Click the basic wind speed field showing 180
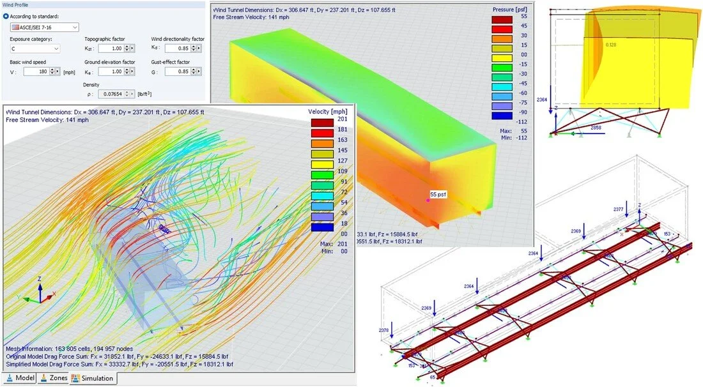(x=42, y=72)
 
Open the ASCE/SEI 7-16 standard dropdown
(x=45, y=27)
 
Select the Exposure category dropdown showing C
(x=35, y=49)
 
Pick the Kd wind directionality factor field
(x=178, y=49)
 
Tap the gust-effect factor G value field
(x=178, y=72)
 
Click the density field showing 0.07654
(x=112, y=95)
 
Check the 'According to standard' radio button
(x=6, y=15)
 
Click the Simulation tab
(x=92, y=378)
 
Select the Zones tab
(x=54, y=378)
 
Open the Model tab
(x=20, y=378)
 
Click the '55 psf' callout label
(x=438, y=193)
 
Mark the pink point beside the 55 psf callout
(x=428, y=200)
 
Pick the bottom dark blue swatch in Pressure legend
(x=502, y=116)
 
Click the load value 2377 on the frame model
(x=617, y=209)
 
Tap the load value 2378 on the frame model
(x=383, y=330)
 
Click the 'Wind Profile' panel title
(x=20, y=4)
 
